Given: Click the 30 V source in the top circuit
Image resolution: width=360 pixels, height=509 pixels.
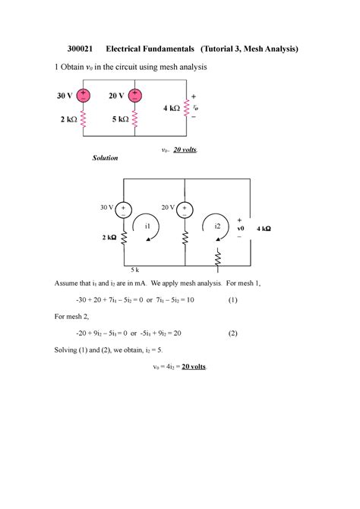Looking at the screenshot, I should click(83, 96).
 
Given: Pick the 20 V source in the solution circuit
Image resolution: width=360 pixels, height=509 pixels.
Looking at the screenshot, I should click(186, 208).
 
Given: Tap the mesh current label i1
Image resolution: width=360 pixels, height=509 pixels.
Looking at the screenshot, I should click(147, 226).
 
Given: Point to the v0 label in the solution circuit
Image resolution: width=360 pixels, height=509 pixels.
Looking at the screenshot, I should click(241, 227).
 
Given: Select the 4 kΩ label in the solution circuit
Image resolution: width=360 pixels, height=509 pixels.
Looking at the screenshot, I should click(263, 228).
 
